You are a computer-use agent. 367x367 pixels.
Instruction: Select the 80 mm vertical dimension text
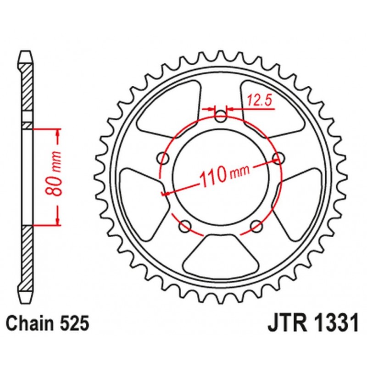click(x=56, y=177)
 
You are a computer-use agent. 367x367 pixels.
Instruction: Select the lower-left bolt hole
click(x=185, y=225)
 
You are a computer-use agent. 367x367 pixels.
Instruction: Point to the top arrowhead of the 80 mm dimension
click(x=58, y=133)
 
